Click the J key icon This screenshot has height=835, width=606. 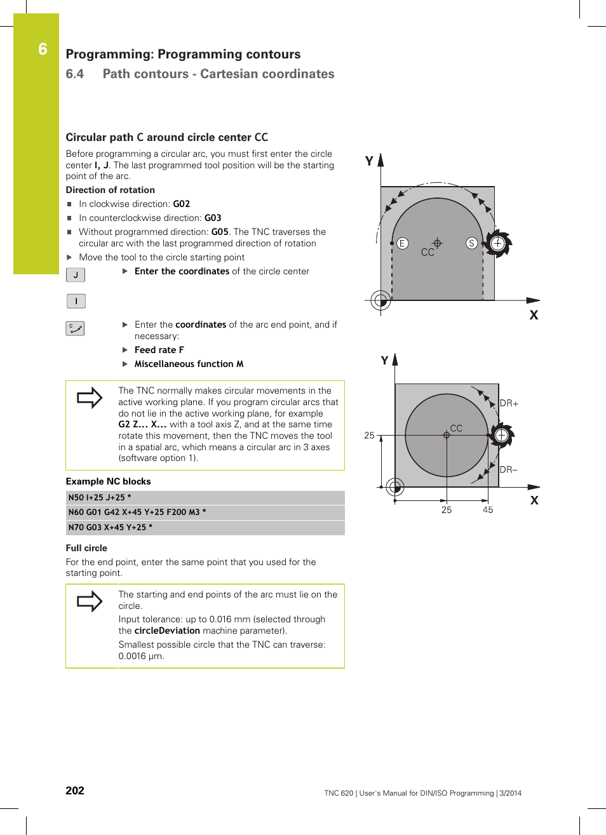76,275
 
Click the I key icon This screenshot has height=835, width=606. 76,301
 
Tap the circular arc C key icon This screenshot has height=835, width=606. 75,328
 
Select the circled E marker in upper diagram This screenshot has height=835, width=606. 402,243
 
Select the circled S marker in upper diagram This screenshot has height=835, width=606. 471,243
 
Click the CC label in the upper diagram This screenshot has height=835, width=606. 428,253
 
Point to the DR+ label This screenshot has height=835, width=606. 509,403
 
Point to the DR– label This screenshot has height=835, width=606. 508,470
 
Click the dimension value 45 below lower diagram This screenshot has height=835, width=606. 488,510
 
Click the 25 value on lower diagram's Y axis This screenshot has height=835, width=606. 369,436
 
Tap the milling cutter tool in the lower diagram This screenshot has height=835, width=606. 501,436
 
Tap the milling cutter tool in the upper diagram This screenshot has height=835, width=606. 497,243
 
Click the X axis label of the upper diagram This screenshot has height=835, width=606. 534,315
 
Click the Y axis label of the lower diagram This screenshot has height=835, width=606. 384,361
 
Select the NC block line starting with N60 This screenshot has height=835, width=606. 137,512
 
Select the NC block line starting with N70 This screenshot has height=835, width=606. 111,528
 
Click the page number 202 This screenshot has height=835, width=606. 75,791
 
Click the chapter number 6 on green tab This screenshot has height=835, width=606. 43,50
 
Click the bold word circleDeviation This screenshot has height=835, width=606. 167,631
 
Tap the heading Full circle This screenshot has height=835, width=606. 86,548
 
